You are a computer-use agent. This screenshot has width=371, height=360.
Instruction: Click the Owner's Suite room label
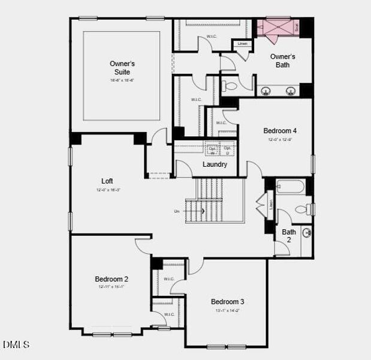pos(122,67)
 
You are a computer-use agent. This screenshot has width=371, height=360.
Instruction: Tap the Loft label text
pos(107,181)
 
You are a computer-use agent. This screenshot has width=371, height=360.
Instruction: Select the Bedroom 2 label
pos(111,278)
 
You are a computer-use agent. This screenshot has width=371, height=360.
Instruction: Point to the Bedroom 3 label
pos(227,301)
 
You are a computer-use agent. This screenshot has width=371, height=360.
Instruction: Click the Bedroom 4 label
pos(280,130)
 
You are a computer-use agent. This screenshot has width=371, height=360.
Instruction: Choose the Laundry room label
pos(215,164)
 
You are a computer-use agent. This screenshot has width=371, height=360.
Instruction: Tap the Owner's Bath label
pos(282,61)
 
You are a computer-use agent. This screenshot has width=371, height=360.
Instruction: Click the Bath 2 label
pos(289,235)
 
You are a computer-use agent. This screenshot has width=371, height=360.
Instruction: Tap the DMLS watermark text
pos(16,344)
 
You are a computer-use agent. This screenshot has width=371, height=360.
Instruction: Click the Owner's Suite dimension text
pos(122,80)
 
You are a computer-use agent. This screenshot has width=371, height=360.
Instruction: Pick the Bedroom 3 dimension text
pos(227,311)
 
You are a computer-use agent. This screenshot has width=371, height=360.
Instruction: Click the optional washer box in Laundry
pos(212,150)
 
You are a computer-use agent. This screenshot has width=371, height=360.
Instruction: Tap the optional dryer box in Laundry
pos(228,150)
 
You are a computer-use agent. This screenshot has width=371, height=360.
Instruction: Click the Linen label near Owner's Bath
pos(242,44)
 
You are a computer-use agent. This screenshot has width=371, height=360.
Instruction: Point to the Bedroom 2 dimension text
pos(111,287)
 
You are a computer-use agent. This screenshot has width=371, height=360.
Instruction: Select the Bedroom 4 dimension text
pos(280,139)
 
